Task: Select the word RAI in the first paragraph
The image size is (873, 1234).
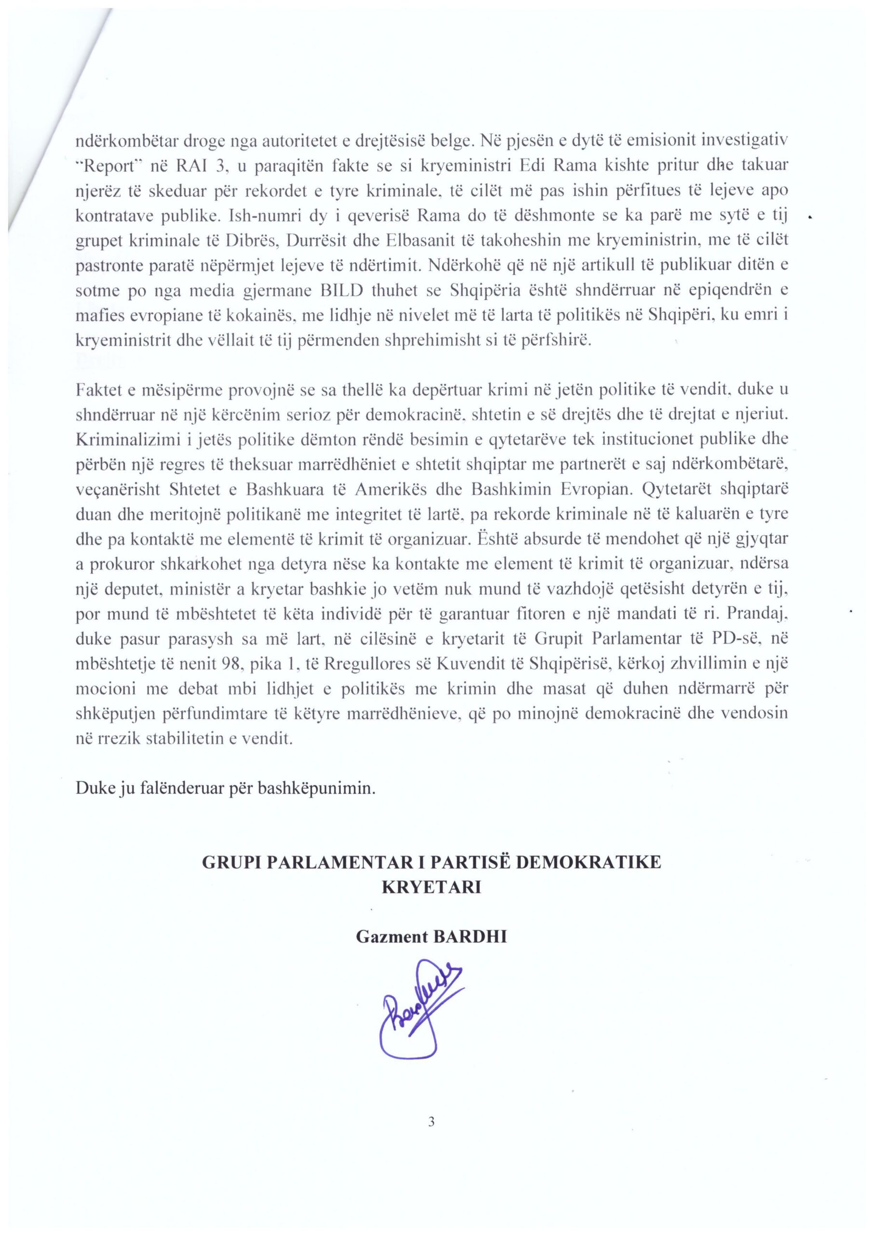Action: pyautogui.click(x=187, y=167)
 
